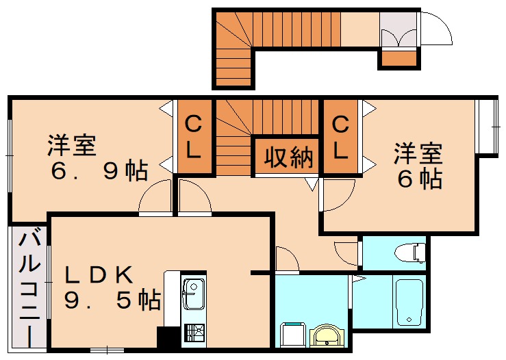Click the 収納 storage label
[x=288, y=158]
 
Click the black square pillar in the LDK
[x=167, y=338]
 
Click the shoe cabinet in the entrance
[x=398, y=59]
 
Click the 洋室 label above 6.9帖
[x=71, y=146]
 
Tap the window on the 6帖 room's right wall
[x=488, y=126]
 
